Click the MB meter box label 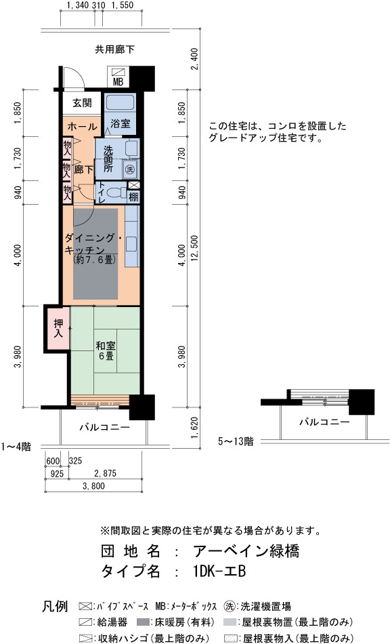118,82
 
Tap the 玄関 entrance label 82,102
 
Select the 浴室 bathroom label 121,123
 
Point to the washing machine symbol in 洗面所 130,169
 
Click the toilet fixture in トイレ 116,193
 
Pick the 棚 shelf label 133,197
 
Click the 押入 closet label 58,327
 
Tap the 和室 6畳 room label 106,350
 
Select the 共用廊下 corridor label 115,49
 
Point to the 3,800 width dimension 93,486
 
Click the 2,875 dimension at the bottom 105,474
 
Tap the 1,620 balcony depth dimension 194,428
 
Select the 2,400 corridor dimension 194,59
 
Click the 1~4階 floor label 16,447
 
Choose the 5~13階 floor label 236,441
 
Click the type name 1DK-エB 219,571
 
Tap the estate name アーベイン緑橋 246,550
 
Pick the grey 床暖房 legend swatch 144,622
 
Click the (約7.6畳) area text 93,260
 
